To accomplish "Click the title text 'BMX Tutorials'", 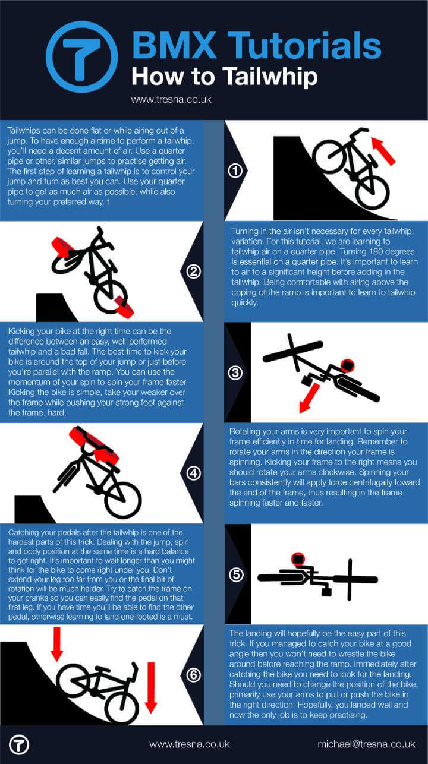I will pos(256,46).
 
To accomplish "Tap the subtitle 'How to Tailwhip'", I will pos(224,77).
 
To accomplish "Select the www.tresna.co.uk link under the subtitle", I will pos(171,100).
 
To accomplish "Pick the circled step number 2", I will pos(193,271).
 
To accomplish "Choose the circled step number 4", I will pos(193,473).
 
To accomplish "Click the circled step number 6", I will pos(193,675).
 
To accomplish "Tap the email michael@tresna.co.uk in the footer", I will pos(366,744).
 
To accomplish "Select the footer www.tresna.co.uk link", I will pos(189,744).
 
